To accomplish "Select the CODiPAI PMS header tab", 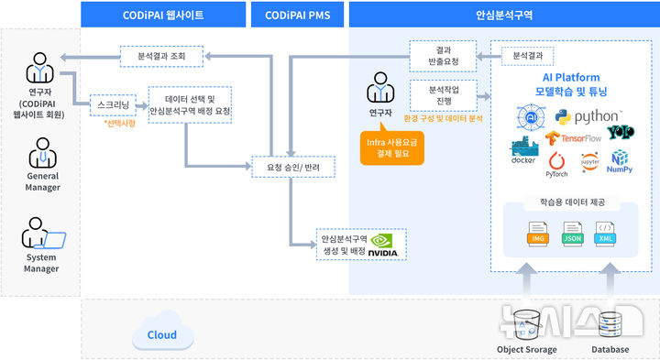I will point(297,15).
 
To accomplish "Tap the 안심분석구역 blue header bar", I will point(504,15).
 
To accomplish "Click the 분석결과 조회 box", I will point(160,56).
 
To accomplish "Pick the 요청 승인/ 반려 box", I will point(294,168).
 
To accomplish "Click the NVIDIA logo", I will point(382,245).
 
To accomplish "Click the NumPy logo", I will point(619,162).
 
